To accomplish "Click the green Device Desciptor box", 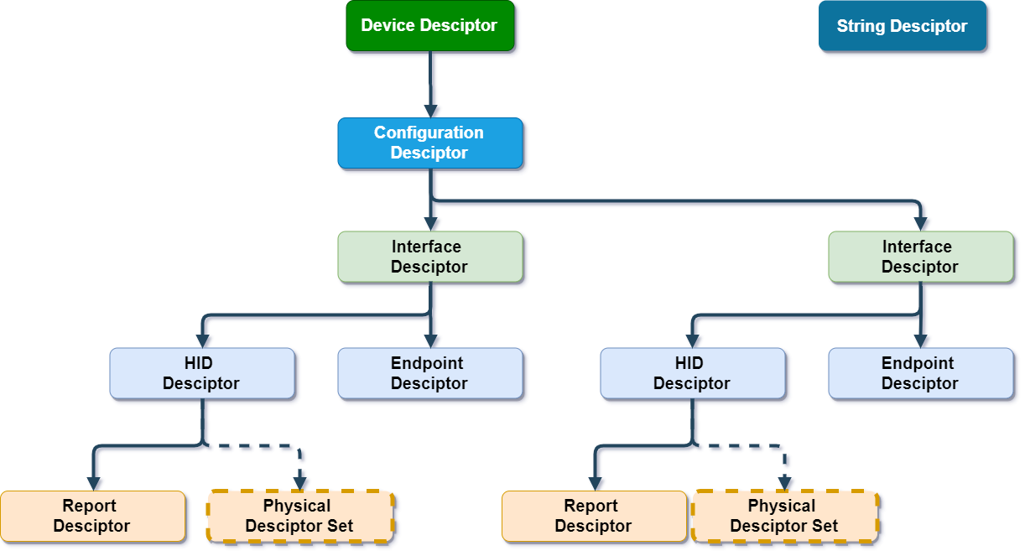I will [x=429, y=26].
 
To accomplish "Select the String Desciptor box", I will [x=902, y=27].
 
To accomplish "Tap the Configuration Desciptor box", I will [x=429, y=143].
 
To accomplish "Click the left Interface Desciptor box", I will [x=429, y=257].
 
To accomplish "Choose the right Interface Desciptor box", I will [x=920, y=257].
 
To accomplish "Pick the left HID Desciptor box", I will [x=202, y=373].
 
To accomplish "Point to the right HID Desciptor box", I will [x=693, y=373].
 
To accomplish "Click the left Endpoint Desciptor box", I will [x=429, y=373].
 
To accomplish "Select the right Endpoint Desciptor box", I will [x=920, y=373].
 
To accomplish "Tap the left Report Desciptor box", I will [x=92, y=516].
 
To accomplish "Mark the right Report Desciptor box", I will [x=594, y=516].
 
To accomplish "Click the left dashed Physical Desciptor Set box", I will [x=299, y=516].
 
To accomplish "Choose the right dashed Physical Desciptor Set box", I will [x=784, y=516].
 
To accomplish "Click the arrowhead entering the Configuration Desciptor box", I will [x=430, y=111].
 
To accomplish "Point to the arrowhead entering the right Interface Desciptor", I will [x=921, y=225].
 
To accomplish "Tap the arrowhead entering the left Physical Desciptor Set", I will [x=299, y=483].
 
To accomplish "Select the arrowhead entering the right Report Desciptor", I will [x=595, y=483].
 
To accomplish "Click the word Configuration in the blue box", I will [x=429, y=133].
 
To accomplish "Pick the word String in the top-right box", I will [x=856, y=27].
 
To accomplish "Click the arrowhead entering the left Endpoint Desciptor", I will [x=430, y=341].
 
